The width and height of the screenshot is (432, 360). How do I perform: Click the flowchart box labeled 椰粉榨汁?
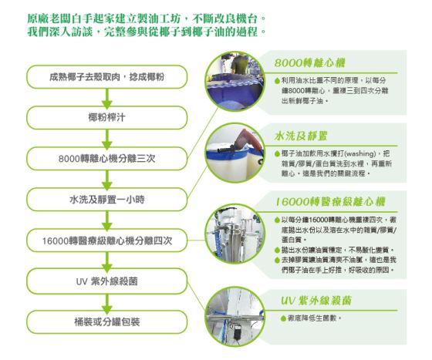point(107,117)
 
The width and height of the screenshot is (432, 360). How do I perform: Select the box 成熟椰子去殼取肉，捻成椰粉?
point(107,77)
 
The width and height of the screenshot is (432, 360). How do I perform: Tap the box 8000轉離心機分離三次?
point(107,159)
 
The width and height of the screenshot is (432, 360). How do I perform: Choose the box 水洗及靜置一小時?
point(107,199)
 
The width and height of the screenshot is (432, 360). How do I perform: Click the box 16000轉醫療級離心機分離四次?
point(107,241)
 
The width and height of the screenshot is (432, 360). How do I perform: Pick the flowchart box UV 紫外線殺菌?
point(107,281)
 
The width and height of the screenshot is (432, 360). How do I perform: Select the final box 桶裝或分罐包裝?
point(107,322)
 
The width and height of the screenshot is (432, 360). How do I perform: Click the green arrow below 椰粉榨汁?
point(107,139)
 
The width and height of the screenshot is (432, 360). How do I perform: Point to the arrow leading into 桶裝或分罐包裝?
point(107,303)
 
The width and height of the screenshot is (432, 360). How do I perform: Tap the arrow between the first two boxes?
point(107,98)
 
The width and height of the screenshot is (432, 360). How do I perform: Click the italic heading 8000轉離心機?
point(309,63)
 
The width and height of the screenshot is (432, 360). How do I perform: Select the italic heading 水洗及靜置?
point(301,136)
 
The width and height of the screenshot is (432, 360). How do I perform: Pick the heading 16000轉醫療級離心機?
point(330,202)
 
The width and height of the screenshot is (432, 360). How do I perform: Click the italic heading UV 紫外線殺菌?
point(316,301)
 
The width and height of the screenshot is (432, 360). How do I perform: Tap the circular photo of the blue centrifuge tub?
point(235,81)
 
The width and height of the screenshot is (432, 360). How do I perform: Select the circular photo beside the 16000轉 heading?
point(235,234)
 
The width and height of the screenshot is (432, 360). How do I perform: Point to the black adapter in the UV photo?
point(237,331)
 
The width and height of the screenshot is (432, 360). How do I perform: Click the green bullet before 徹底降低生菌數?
point(282,318)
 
